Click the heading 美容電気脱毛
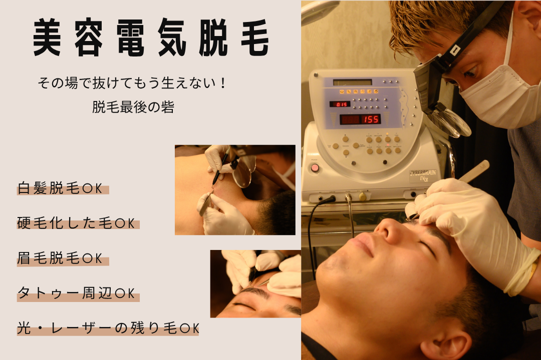click(151, 38)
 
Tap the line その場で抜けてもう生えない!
click(131, 83)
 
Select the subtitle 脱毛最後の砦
click(133, 107)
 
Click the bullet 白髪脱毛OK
click(60, 188)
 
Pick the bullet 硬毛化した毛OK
click(76, 223)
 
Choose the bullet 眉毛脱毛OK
click(60, 258)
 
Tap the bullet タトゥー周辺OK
click(76, 293)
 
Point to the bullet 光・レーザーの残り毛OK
click(108, 328)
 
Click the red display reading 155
click(360, 119)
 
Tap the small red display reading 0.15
click(340, 104)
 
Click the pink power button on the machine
click(315, 168)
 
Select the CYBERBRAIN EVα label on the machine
click(423, 175)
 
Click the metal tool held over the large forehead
click(473, 172)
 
